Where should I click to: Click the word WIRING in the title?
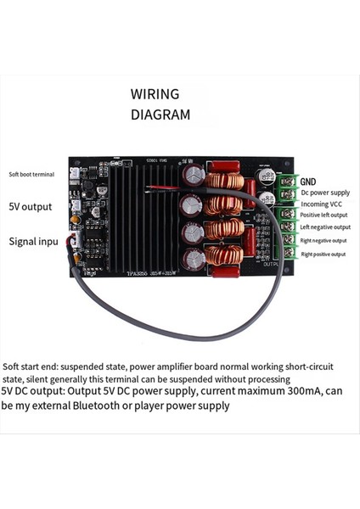click(155, 93)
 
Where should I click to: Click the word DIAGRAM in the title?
click(160, 114)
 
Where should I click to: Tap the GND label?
click(308, 182)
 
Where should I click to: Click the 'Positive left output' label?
click(323, 215)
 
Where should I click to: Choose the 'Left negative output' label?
click(325, 227)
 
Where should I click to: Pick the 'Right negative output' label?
click(325, 240)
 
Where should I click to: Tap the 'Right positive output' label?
click(323, 254)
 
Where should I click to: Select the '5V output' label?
click(30, 206)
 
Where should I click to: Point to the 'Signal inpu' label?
click(33, 242)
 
